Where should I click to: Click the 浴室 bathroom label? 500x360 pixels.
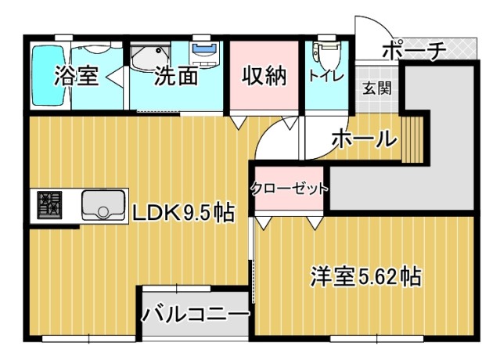(x=76, y=76)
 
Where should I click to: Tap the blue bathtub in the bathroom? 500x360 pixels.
(x=49, y=76)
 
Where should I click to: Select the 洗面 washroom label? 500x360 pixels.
(x=176, y=76)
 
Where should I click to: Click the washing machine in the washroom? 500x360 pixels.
(x=205, y=53)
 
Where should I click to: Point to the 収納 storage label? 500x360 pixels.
(x=264, y=76)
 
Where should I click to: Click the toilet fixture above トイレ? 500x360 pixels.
(x=326, y=51)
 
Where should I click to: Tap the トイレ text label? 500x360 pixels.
(x=326, y=76)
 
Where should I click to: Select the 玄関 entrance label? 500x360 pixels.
(x=377, y=88)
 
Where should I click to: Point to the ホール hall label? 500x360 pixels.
(x=365, y=139)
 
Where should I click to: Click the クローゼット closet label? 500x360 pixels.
(x=290, y=189)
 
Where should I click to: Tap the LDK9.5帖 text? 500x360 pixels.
(x=183, y=213)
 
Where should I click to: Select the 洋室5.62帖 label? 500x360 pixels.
(x=366, y=276)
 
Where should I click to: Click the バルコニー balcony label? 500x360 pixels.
(x=195, y=314)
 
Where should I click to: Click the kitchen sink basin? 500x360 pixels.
(x=103, y=205)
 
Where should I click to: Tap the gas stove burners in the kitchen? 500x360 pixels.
(x=49, y=205)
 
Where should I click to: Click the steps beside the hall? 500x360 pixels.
(x=412, y=139)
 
